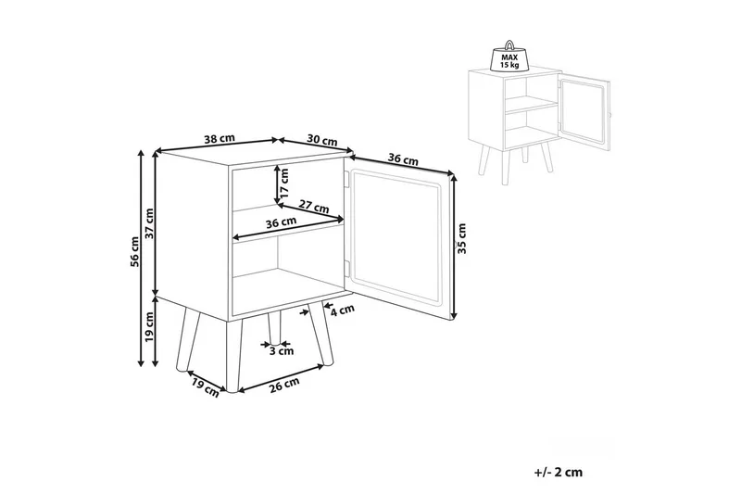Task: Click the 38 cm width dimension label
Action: [219, 138]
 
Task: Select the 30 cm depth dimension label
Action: [320, 140]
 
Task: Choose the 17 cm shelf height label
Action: [285, 185]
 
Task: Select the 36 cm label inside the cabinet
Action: [281, 222]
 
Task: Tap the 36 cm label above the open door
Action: [403, 159]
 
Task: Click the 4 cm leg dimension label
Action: [343, 310]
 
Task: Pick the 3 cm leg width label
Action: [281, 351]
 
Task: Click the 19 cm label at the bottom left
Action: [205, 386]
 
